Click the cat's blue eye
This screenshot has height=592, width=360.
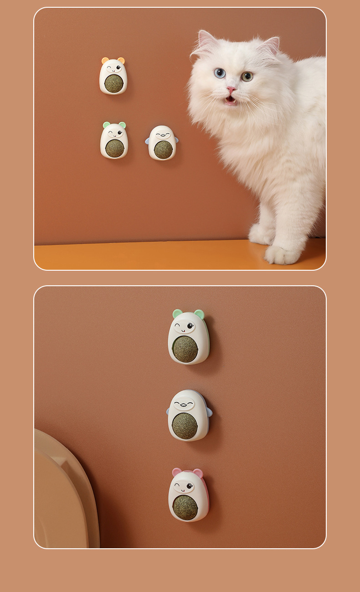(220, 72)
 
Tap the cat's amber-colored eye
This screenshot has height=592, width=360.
(247, 76)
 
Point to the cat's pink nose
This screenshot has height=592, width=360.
(232, 89)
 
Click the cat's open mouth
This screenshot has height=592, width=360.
(231, 99)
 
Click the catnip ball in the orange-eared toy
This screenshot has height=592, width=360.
(113, 83)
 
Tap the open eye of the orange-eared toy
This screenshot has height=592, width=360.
(118, 69)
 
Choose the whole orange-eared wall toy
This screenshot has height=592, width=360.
(113, 76)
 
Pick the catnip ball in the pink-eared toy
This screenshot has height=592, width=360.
(185, 507)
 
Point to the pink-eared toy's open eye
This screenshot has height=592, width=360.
(189, 486)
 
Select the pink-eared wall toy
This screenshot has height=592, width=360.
(188, 495)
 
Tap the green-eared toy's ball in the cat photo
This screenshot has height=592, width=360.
(114, 148)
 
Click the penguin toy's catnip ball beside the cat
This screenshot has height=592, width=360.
(162, 149)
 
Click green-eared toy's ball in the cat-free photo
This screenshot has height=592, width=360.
(185, 349)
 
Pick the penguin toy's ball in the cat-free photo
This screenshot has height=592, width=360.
(185, 426)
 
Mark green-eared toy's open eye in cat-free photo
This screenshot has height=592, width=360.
(190, 326)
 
